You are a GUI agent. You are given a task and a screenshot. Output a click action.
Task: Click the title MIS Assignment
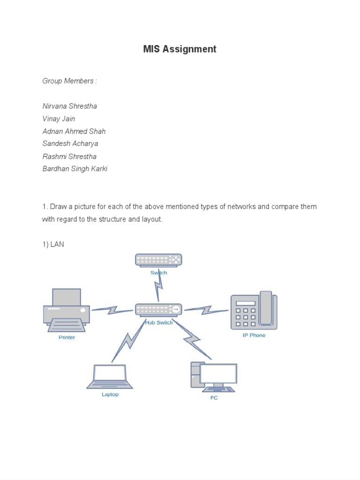180,49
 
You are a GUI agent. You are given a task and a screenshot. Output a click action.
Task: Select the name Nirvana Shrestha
70,106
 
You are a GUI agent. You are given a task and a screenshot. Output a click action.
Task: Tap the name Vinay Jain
59,119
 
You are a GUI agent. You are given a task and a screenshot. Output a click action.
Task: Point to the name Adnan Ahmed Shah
74,131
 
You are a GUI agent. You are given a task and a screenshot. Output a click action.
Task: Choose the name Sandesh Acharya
70,144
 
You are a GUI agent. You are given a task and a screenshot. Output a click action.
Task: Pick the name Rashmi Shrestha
69,157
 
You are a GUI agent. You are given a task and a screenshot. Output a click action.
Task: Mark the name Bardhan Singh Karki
75,169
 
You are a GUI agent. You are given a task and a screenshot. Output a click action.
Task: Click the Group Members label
69,81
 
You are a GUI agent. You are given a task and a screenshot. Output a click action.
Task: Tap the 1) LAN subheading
53,244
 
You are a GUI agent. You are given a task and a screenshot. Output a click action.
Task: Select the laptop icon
110,376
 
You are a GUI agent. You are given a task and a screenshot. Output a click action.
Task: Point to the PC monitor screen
218,373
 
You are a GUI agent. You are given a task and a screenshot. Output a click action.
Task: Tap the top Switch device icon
158,260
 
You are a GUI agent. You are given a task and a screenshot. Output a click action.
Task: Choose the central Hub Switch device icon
158,309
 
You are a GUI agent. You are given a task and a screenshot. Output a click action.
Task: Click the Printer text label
67,337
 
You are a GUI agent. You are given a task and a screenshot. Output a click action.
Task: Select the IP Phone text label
254,336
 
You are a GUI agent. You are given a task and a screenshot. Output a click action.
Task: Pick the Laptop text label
110,395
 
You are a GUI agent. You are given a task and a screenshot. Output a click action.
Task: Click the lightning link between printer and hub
112,310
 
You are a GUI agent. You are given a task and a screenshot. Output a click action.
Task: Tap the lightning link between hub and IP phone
206,310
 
